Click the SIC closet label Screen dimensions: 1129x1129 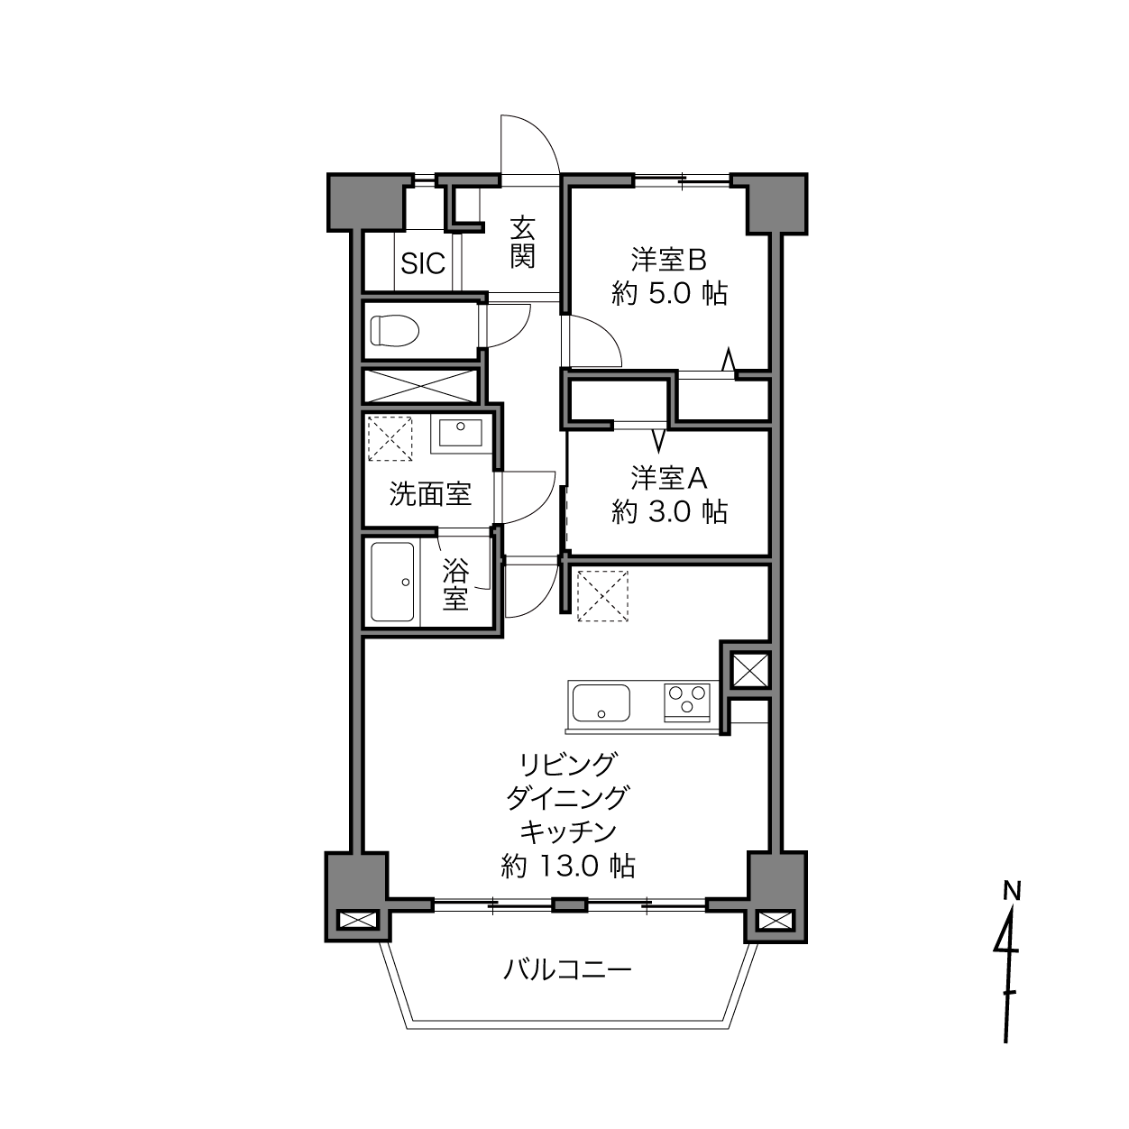(423, 263)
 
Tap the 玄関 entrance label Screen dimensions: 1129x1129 (522, 242)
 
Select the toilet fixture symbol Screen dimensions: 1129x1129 (395, 330)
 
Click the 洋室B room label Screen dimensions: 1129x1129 (668, 260)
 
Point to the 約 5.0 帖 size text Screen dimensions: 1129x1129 (670, 294)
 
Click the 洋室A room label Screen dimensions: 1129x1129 (668, 478)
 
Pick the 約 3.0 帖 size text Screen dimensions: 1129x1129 (670, 511)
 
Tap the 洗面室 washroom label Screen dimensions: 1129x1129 (431, 494)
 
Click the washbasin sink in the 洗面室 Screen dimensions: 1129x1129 (461, 433)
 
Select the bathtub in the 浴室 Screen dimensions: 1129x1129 (393, 582)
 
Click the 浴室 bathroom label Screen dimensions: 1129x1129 (455, 583)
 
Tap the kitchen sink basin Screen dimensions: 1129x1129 (601, 703)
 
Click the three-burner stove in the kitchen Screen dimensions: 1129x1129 (686, 702)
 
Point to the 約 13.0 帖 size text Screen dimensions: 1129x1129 (568, 866)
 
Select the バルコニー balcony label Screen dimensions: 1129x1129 (568, 969)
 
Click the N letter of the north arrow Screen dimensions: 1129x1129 (1012, 891)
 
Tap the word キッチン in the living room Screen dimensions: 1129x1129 (568, 831)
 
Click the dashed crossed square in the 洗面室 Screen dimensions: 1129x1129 (390, 438)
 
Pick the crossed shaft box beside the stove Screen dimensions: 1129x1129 (750, 670)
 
